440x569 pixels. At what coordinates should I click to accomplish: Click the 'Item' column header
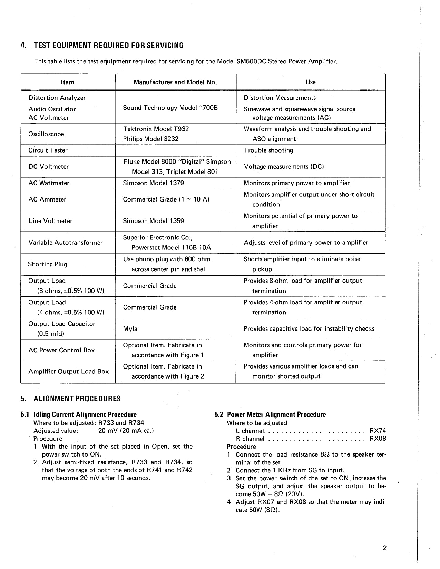point(67,82)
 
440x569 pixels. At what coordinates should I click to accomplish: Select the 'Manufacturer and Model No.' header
point(175,82)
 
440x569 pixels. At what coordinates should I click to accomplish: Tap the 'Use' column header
point(310,82)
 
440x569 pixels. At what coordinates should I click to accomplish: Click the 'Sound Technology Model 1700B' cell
point(170,108)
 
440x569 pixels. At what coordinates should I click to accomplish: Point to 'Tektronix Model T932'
point(156,129)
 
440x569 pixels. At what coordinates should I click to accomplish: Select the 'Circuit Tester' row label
point(48,150)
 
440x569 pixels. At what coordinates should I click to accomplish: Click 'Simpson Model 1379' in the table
point(153,183)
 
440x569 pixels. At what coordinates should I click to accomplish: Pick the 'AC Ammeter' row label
point(47,199)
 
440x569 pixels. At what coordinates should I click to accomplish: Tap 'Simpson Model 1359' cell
point(153,221)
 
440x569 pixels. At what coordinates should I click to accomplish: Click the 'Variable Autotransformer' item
point(66,243)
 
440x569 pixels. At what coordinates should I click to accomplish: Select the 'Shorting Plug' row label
point(47,264)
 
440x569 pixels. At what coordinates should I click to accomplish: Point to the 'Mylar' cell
point(131,329)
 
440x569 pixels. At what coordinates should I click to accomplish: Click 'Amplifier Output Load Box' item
point(68,372)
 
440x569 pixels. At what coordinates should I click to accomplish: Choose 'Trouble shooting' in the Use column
point(268,150)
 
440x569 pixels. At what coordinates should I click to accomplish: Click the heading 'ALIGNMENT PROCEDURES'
point(77,399)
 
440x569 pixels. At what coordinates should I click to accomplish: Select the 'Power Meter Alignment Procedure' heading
point(276,415)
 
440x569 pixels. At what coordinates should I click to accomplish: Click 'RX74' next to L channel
point(378,431)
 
